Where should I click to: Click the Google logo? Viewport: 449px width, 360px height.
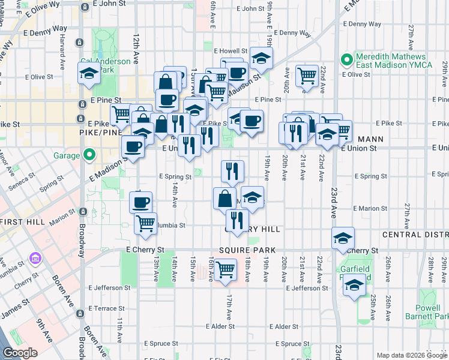pyautogui.click(x=20, y=353)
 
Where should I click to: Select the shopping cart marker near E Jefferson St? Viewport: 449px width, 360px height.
pyautogui.click(x=226, y=270)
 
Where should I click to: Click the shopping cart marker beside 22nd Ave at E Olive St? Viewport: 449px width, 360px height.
pyautogui.click(x=307, y=76)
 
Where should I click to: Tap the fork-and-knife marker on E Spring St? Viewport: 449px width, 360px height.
pyautogui.click(x=232, y=171)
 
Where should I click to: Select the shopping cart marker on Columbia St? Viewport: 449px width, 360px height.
pyautogui.click(x=145, y=223)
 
